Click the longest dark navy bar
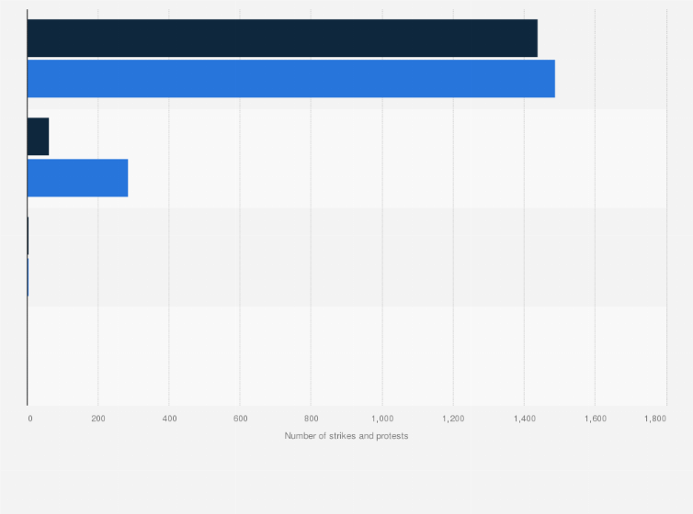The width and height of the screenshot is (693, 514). pos(282,38)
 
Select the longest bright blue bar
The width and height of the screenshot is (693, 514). pos(290,79)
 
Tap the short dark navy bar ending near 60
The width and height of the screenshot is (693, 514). pos(38,137)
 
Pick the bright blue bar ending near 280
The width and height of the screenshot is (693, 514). pos(77,178)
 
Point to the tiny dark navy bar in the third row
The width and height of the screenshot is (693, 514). pos(28,236)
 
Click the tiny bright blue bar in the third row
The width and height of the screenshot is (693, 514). pos(28,277)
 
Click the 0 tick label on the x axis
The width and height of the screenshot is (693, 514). pos(29,419)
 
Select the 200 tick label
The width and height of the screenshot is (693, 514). pos(98,419)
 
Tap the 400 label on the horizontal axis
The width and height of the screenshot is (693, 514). pos(169,419)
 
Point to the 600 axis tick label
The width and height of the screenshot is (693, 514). pos(240,419)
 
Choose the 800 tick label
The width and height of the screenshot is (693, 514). pos(311,419)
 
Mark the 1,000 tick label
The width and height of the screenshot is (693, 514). pos(381,419)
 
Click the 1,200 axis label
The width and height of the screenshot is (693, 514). pos(452,419)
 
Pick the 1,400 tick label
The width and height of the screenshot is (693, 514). pos(523,419)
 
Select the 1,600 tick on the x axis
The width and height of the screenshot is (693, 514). pos(594,419)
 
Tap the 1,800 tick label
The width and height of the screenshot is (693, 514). pos(655,419)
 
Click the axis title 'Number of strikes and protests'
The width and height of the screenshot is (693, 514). pos(346,436)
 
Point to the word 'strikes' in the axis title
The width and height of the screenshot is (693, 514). pos(337,436)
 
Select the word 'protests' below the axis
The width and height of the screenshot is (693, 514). pos(391,436)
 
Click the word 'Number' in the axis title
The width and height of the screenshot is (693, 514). pos(300,436)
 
